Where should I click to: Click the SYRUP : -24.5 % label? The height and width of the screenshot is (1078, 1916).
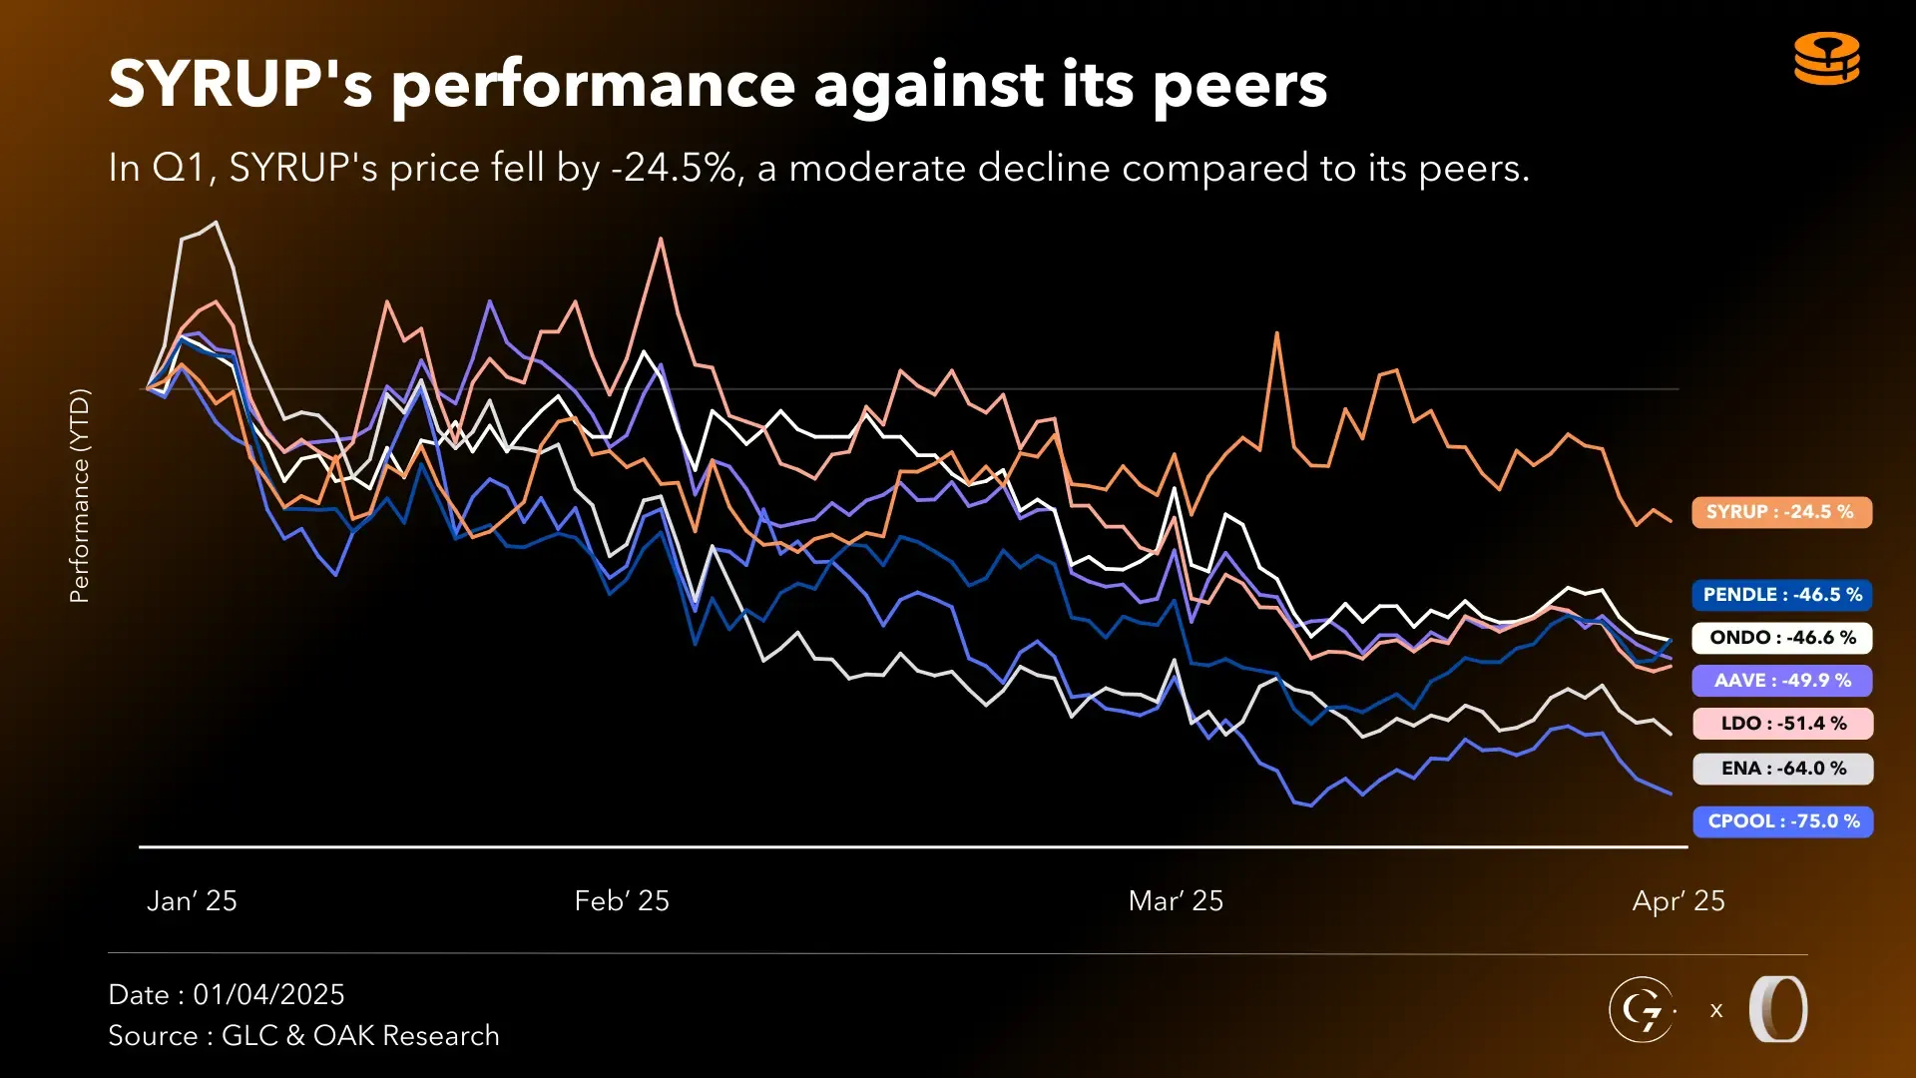click(x=1781, y=512)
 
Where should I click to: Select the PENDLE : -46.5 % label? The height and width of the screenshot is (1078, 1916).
click(x=1782, y=595)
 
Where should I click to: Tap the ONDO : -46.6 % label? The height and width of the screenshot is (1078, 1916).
click(x=1782, y=638)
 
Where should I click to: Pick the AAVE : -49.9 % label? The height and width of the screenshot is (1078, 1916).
click(x=1782, y=681)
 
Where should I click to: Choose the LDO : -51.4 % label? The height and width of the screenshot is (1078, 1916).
click(x=1782, y=724)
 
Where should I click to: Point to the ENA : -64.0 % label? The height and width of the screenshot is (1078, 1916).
click(x=1782, y=769)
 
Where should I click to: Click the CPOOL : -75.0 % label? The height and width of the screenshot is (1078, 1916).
click(x=1782, y=821)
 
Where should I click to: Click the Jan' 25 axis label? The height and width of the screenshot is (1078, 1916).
click(x=192, y=901)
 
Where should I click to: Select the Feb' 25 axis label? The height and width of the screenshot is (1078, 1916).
click(x=622, y=901)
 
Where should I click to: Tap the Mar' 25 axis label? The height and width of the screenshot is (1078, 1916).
click(x=1176, y=901)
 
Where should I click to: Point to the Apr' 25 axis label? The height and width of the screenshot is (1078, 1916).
click(x=1678, y=901)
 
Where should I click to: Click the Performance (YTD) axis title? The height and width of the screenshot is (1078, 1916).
click(x=80, y=496)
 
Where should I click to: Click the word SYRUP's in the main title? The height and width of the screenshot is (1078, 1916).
click(x=240, y=85)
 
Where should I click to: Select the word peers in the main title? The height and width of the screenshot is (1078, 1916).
click(x=1239, y=87)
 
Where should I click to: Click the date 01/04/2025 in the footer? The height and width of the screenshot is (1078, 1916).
click(x=268, y=995)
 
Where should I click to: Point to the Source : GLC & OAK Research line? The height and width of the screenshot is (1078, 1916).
click(x=303, y=1036)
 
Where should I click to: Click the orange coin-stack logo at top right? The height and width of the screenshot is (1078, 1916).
click(x=1827, y=59)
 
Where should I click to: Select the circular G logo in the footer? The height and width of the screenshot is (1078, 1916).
click(x=1641, y=1010)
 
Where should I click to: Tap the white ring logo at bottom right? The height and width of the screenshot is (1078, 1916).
click(x=1778, y=1010)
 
